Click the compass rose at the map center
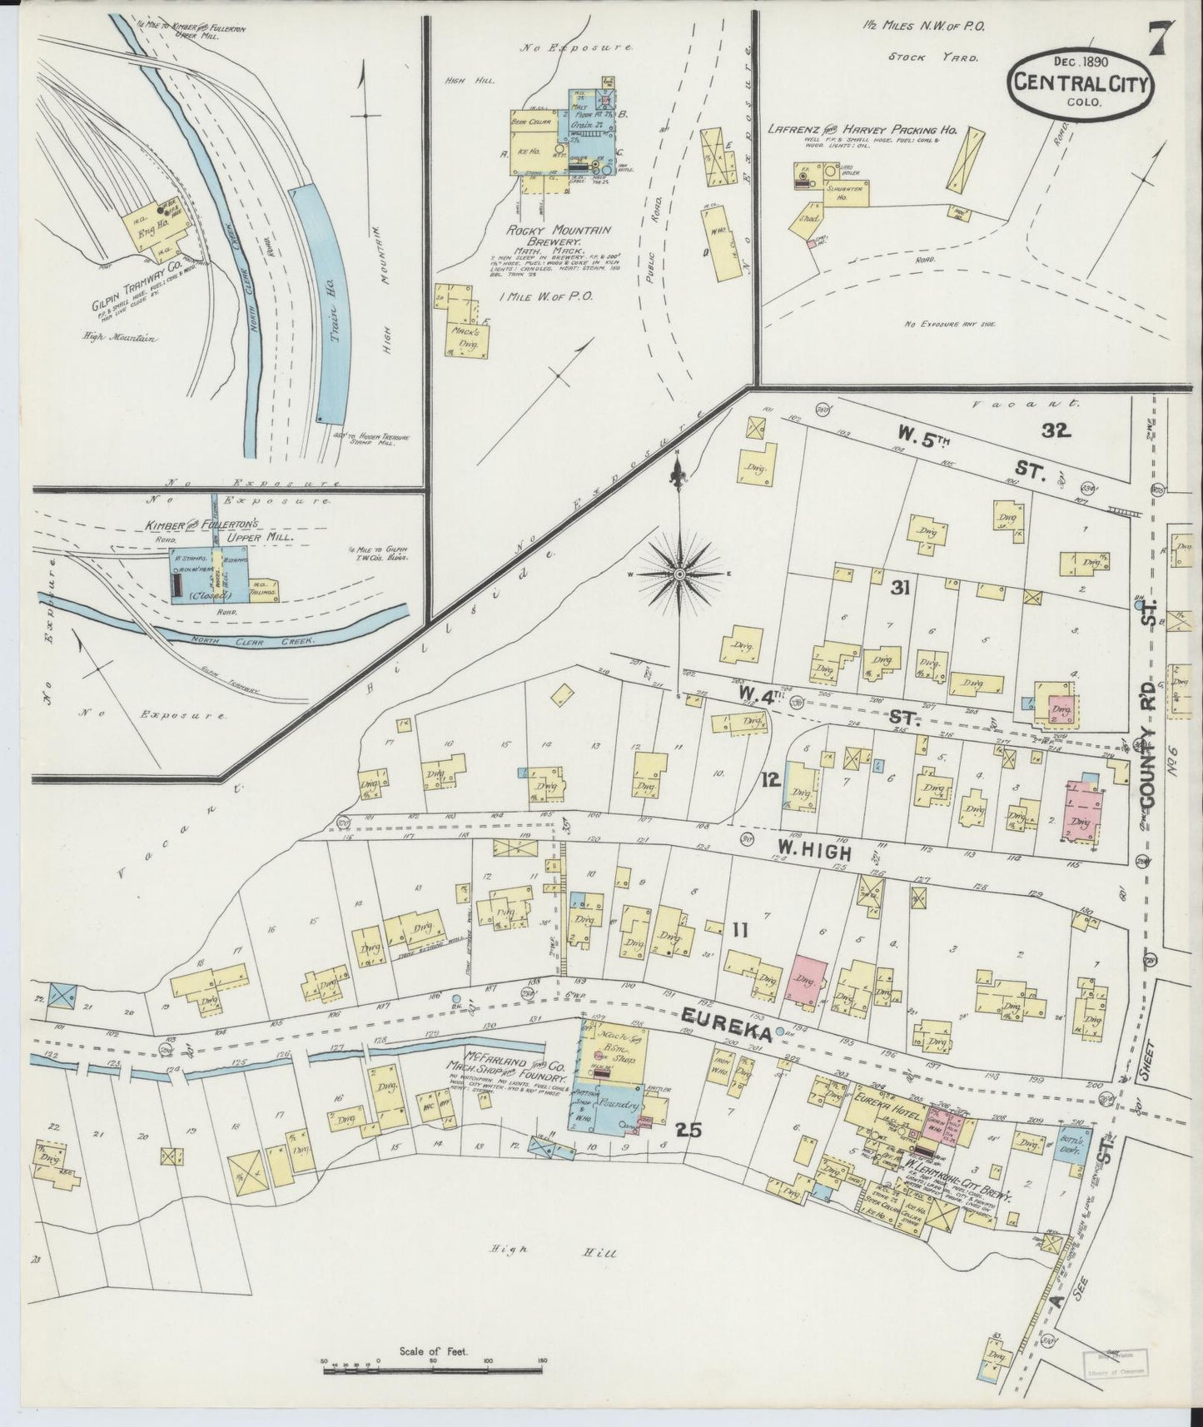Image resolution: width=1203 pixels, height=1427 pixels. click(x=679, y=574)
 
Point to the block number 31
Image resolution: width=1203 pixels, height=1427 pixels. click(x=899, y=589)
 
